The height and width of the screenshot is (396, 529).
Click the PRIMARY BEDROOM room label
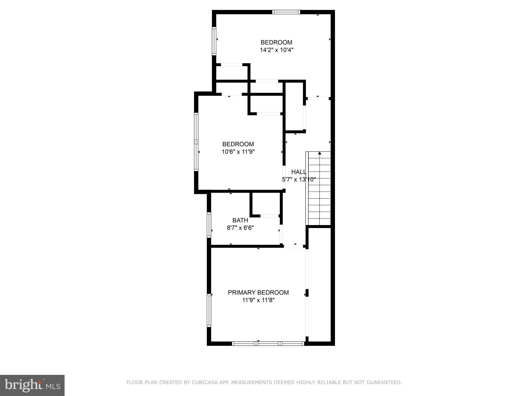[x=258, y=292]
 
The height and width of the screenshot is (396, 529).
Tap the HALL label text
[x=299, y=172]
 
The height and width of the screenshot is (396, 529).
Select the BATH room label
[x=240, y=220]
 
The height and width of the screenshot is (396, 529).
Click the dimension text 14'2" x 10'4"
[x=276, y=50]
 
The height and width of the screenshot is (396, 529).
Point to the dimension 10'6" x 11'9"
[x=238, y=152]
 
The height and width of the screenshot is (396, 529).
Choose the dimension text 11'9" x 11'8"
[x=258, y=300]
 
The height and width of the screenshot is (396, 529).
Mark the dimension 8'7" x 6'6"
[x=240, y=228]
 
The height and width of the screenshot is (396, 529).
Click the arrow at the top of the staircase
[x=320, y=153]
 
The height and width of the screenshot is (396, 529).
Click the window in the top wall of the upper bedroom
[x=286, y=12]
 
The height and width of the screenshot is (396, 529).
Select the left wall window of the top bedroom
[x=214, y=41]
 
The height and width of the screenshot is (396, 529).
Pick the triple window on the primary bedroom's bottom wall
[x=268, y=343]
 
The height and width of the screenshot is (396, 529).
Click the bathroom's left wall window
[x=209, y=225]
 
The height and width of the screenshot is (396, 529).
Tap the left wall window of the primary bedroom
[x=209, y=311]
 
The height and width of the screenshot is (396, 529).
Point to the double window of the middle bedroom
[x=196, y=142]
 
